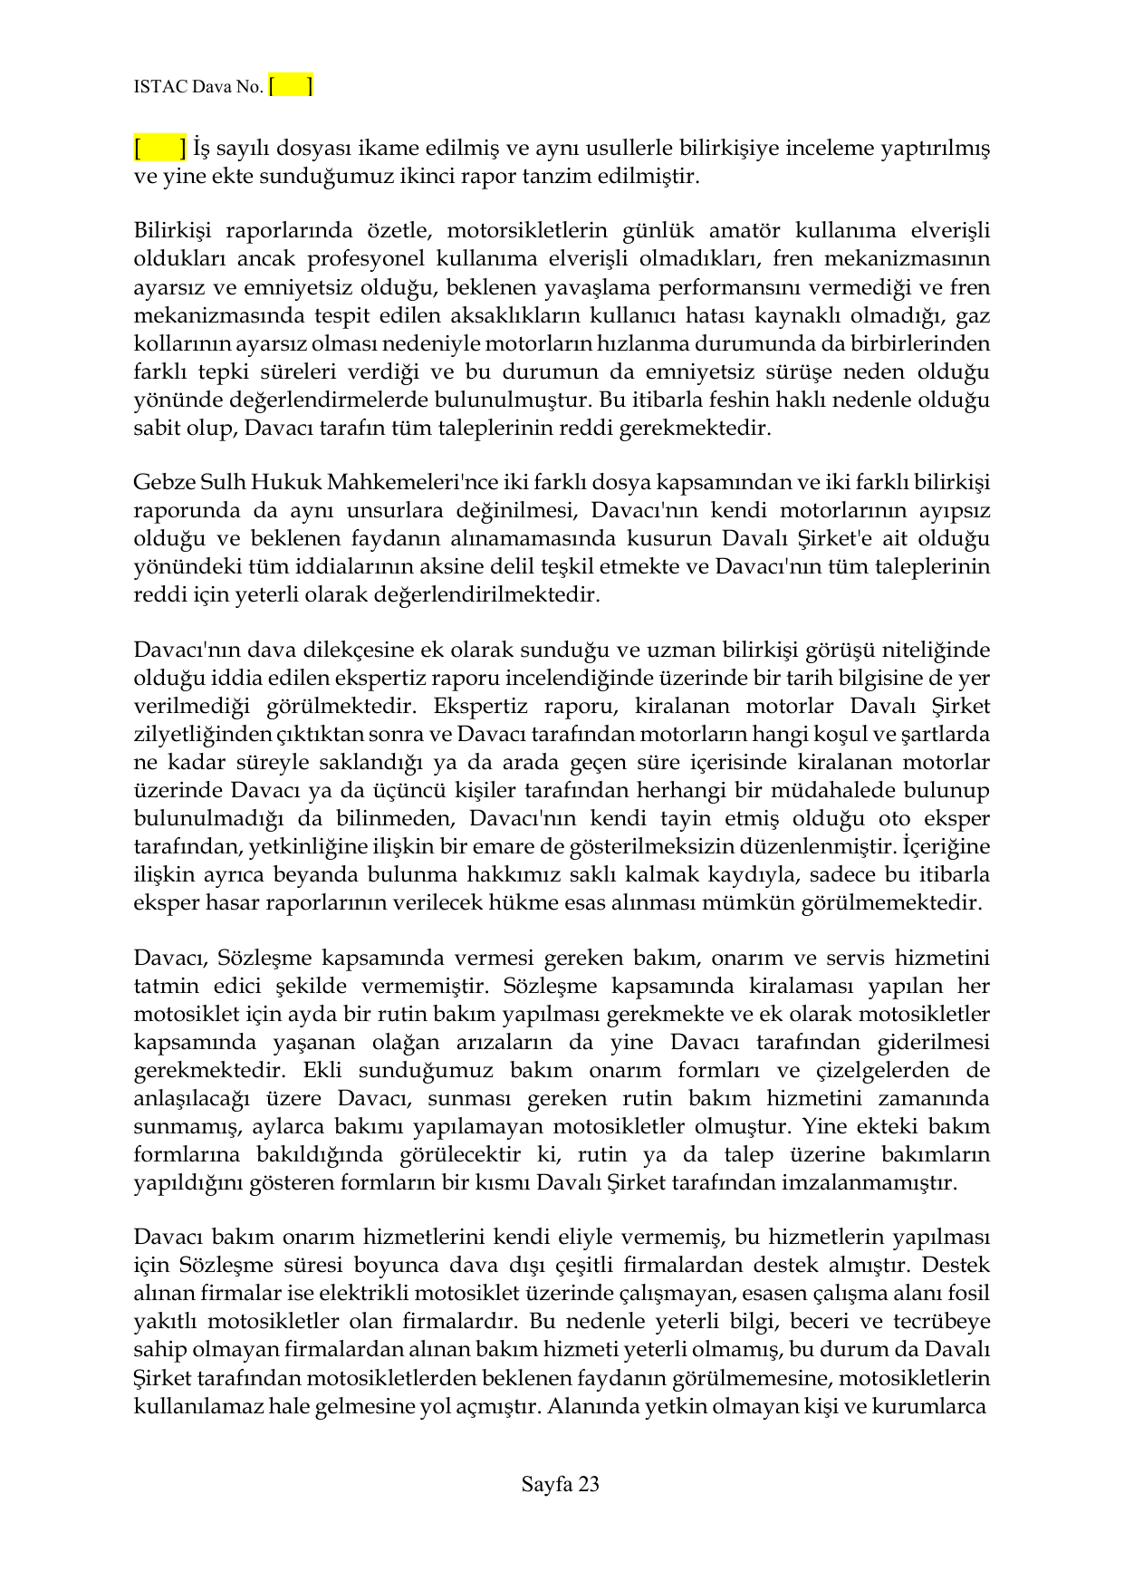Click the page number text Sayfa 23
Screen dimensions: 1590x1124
(561, 1484)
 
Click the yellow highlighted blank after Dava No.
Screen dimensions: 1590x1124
(291, 86)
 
